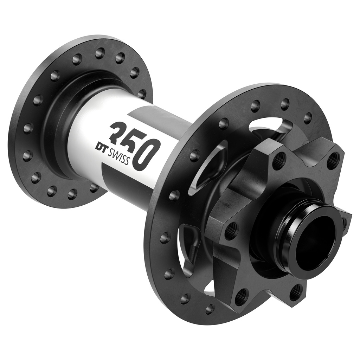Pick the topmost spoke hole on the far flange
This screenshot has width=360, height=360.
pos(100,53)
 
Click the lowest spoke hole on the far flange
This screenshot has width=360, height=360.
pos(72,194)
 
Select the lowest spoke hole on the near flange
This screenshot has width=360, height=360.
pos(210,309)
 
